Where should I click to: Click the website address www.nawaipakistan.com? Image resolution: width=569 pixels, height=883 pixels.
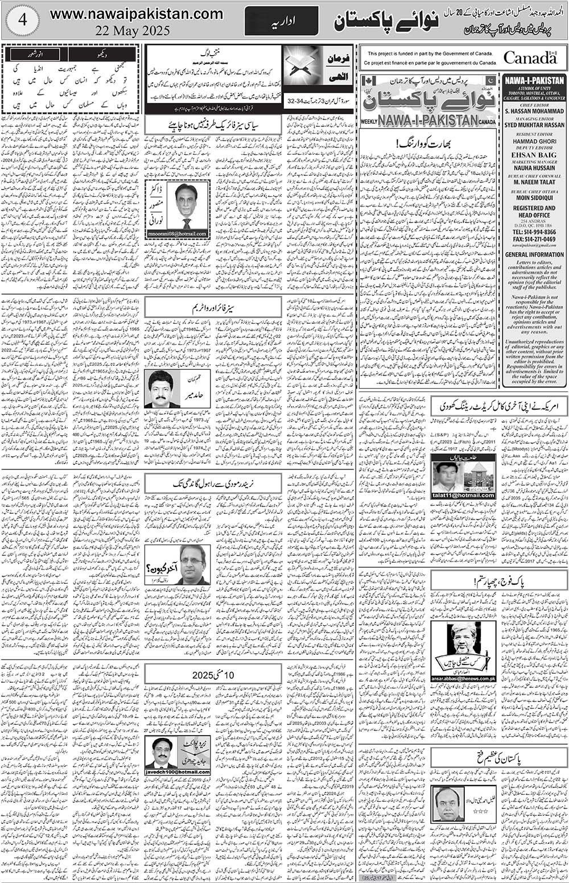[137, 14]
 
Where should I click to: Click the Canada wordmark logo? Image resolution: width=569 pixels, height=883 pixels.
[530, 57]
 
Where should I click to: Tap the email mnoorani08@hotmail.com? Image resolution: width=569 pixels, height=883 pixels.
[178, 234]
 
